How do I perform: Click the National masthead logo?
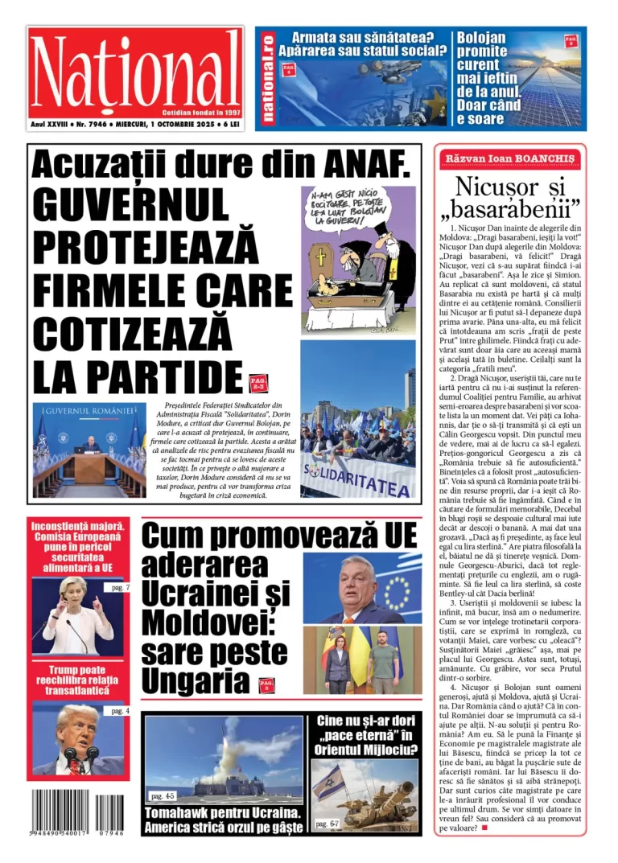(x=135, y=71)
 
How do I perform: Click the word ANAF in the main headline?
(x=359, y=166)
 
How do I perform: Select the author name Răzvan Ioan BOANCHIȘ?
(x=510, y=159)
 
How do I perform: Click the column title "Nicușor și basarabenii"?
(x=510, y=197)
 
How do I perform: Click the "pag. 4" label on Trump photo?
(x=120, y=711)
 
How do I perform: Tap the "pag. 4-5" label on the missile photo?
(x=163, y=795)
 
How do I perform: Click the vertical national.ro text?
(x=268, y=78)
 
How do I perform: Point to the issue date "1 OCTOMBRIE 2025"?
(x=170, y=125)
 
